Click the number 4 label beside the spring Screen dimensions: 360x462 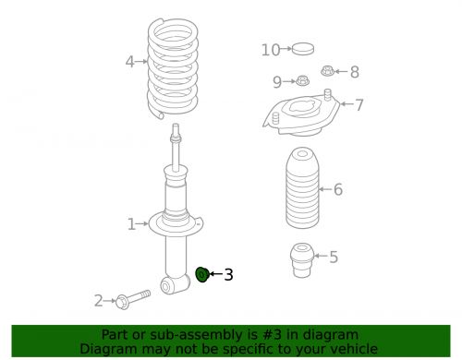[130, 63]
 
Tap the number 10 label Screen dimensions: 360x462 [270, 50]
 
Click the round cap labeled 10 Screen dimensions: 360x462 [302, 49]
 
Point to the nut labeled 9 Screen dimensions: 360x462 [302, 82]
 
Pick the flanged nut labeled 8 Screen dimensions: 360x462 [327, 71]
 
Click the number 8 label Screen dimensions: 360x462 [354, 72]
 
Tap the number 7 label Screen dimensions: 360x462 [359, 104]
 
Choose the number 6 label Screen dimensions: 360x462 [338, 189]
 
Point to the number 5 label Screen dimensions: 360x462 [334, 257]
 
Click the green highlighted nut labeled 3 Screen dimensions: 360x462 [203, 274]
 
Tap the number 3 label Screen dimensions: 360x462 [228, 274]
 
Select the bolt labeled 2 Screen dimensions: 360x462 [135, 299]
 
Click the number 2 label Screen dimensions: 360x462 [98, 300]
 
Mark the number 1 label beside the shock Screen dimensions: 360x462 [131, 223]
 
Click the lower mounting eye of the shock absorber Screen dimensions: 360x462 [169, 288]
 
